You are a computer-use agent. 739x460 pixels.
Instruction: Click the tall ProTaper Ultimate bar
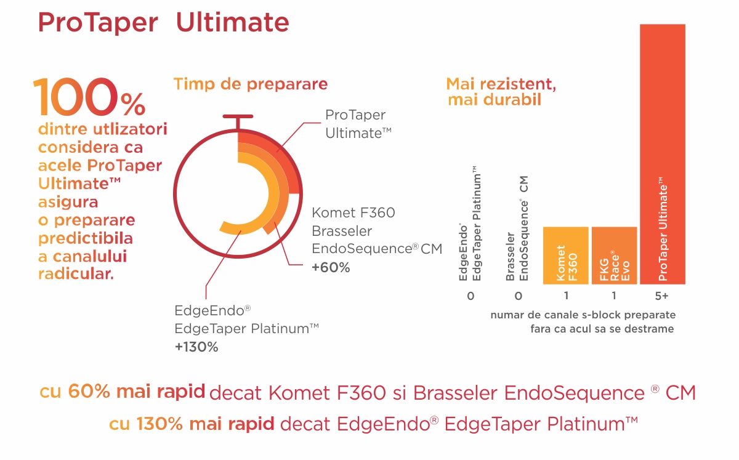click(663, 154)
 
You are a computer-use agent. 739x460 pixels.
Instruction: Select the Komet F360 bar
click(566, 256)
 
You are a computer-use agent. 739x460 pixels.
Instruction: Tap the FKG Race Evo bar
click(615, 256)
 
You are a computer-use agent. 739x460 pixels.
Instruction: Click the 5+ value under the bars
click(661, 296)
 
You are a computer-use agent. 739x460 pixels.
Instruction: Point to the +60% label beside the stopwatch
click(331, 267)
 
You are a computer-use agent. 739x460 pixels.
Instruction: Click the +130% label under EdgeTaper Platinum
click(196, 347)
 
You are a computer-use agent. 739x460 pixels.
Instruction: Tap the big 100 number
click(75, 97)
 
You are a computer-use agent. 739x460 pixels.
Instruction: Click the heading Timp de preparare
click(251, 84)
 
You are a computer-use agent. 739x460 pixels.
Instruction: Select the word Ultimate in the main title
click(233, 22)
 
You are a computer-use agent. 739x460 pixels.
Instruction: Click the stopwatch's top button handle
click(238, 116)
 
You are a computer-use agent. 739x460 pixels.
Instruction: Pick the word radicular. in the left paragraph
click(76, 274)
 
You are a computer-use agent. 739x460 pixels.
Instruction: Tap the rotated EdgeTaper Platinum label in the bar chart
click(477, 224)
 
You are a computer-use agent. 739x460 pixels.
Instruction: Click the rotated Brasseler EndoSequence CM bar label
click(517, 228)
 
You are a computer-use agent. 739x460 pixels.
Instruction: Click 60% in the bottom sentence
click(89, 392)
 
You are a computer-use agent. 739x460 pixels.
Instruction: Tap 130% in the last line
click(160, 424)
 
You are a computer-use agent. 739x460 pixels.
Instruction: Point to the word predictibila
click(86, 238)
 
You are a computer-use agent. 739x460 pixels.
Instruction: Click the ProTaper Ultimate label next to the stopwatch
click(358, 124)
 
